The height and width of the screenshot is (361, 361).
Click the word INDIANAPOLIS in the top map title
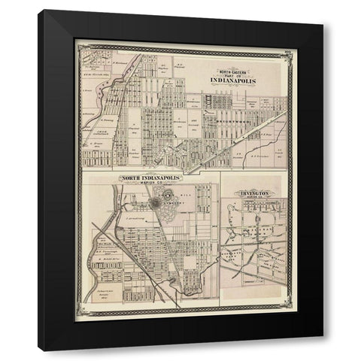point(233,80)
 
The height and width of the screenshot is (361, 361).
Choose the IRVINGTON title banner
point(254,193)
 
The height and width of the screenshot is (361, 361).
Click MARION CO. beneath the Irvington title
point(254,199)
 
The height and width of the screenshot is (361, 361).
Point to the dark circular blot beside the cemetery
point(156,202)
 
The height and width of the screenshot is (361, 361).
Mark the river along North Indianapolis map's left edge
point(95,241)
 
